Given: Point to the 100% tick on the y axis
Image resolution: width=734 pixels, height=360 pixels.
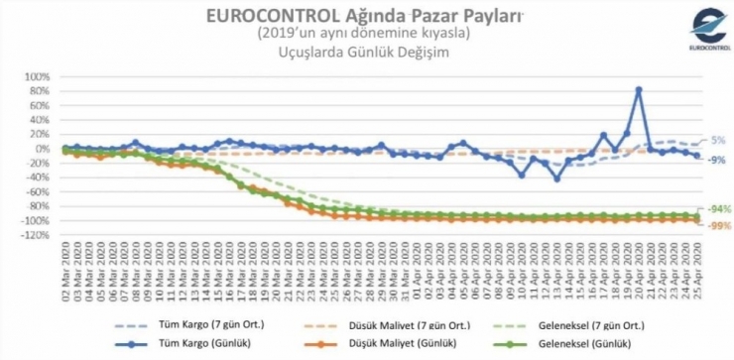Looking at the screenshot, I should pos(36,77).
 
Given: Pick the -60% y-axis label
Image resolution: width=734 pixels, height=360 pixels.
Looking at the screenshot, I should pos(36,192).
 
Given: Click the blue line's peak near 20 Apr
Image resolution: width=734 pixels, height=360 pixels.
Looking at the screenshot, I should pos(638,89).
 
